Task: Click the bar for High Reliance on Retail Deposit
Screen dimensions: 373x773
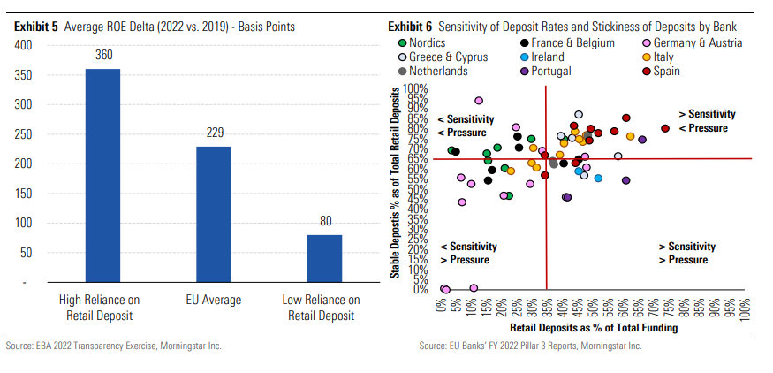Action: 102,176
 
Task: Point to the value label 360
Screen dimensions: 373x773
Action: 102,56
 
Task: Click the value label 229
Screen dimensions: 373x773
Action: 214,133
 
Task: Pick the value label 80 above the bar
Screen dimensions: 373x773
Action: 324,221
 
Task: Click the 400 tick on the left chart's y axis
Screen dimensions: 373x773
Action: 23,45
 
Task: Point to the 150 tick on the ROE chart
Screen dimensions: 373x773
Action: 23,194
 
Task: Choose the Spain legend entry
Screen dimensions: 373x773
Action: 667,71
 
